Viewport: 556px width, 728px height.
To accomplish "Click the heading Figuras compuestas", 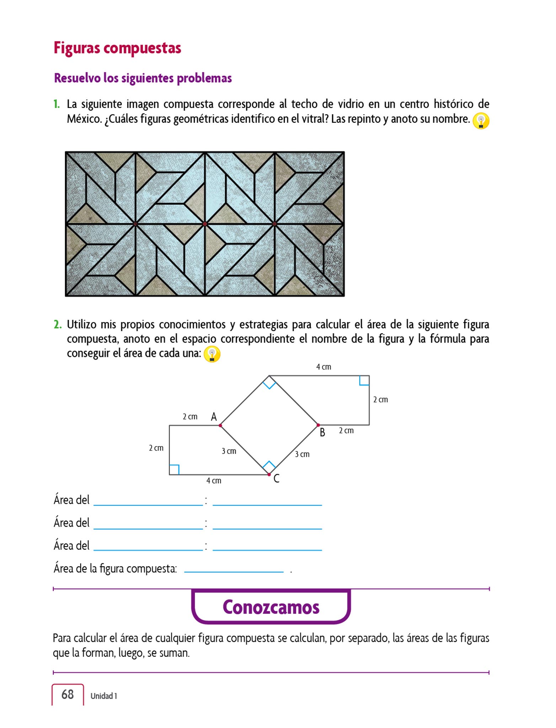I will pos(117,48).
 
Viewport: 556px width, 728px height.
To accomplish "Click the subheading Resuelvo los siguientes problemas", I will pos(143,78).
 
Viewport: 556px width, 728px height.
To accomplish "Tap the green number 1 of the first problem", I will pos(56,104).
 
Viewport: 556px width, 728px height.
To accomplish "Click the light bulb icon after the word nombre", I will pos(481,121).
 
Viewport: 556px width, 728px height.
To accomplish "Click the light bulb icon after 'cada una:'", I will pos(212,354).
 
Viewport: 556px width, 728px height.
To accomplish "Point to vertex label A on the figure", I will pos(214,417).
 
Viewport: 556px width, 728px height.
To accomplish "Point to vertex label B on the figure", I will pos(322,433).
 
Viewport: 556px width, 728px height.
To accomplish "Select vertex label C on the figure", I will pos(276,479).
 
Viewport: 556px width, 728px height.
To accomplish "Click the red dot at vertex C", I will pos(269,475).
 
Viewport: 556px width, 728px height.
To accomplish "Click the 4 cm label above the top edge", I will pos(324,367).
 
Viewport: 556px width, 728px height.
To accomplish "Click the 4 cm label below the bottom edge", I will pos(214,481).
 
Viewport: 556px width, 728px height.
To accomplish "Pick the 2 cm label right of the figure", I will pos(380,400).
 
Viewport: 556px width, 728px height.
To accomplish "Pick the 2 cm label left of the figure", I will pos(156,448).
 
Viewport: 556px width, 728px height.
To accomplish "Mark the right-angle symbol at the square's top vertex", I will pos(269,383).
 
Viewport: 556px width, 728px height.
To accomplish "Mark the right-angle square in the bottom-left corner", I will pos(174,470).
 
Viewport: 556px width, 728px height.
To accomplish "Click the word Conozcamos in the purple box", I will pos(271,607).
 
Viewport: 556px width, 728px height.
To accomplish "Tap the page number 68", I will pos(68,694).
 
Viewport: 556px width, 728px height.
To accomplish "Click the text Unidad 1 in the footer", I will pos(103,696).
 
